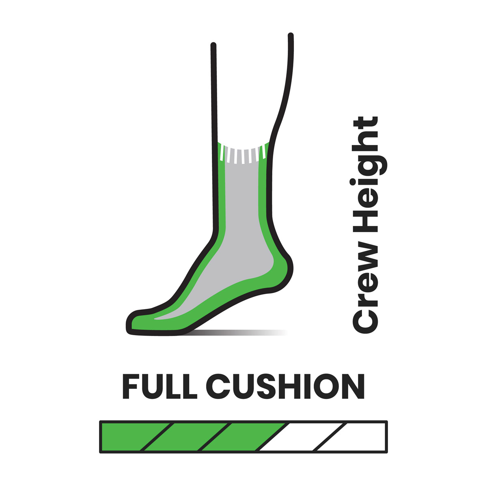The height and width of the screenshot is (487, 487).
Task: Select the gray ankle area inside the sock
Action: tap(241, 203)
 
